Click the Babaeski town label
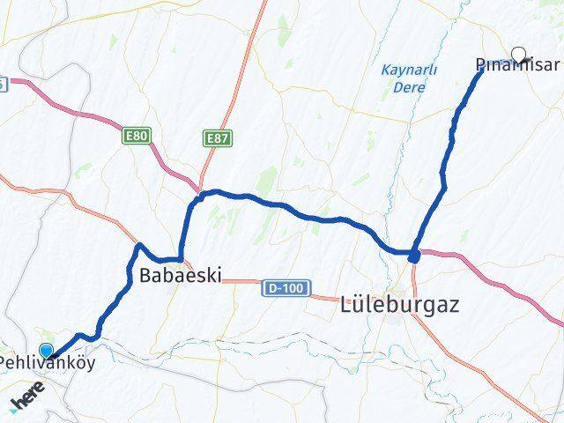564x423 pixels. click(x=180, y=274)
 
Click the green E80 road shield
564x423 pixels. click(x=137, y=136)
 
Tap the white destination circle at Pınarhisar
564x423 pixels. click(x=518, y=53)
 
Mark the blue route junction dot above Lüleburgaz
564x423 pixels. click(x=414, y=256)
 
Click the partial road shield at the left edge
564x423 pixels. click(x=3, y=84)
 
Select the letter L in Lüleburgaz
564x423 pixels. click(x=346, y=306)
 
